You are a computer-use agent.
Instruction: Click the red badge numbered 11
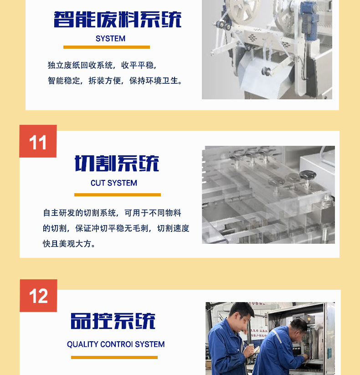(38, 142)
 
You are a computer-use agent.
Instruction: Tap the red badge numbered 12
(38, 296)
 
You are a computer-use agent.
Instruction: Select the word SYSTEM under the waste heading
(110, 39)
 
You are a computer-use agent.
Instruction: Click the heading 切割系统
(117, 163)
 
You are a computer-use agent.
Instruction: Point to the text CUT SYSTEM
(114, 183)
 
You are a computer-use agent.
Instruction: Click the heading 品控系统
(113, 321)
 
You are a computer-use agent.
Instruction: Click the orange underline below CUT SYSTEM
(117, 195)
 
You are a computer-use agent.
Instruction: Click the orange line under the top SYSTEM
(106, 47)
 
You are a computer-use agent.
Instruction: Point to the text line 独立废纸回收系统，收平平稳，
(102, 65)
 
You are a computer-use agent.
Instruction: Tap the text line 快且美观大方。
(69, 244)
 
